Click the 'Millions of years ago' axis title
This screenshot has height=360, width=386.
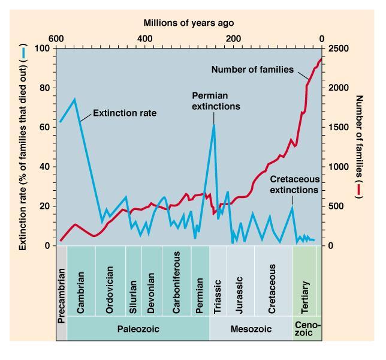pyautogui.click(x=189, y=23)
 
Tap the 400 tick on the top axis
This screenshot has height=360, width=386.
pyautogui.click(x=144, y=39)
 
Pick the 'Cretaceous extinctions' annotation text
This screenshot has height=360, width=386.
pyautogui.click(x=294, y=184)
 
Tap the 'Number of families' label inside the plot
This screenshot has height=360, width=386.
pyautogui.click(x=252, y=70)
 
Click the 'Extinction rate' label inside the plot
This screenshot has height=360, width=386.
pyautogui.click(x=124, y=112)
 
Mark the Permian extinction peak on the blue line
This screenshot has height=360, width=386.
pyautogui.click(x=214, y=124)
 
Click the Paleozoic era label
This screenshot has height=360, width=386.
pyautogui.click(x=138, y=329)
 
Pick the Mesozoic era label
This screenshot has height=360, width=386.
pyautogui.click(x=251, y=329)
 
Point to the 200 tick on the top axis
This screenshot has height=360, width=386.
pyautogui.click(x=233, y=39)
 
